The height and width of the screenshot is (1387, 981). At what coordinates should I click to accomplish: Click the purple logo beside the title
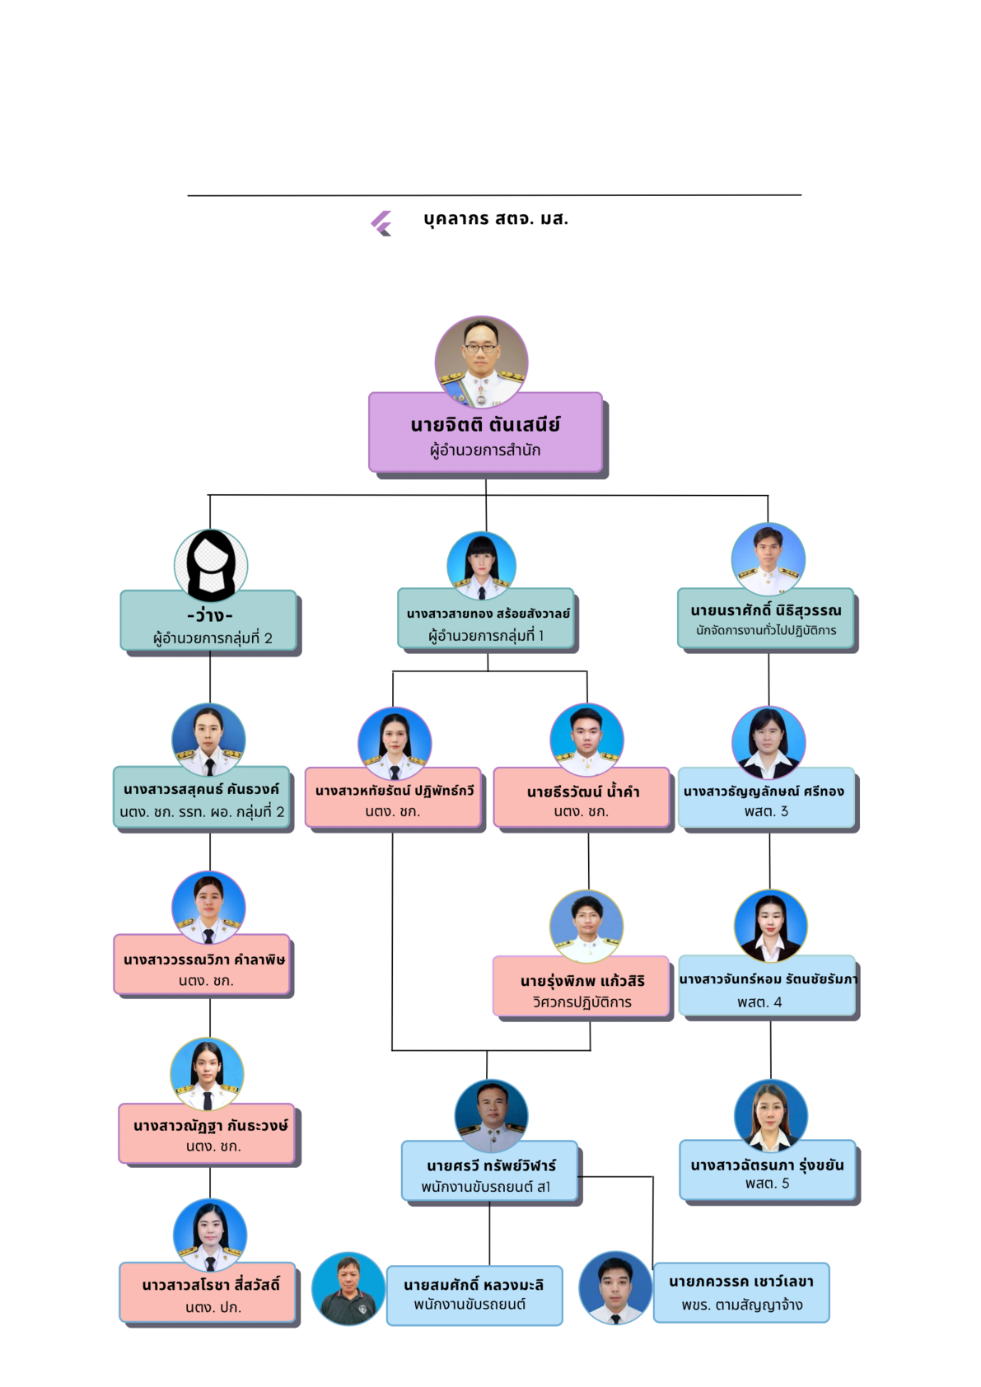point(381,222)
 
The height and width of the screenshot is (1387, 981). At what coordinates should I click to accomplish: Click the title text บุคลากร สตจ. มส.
point(496,219)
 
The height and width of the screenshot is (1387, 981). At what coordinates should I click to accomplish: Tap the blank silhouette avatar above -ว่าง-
point(211,566)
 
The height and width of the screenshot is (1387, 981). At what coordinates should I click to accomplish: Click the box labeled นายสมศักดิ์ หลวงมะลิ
point(474,1295)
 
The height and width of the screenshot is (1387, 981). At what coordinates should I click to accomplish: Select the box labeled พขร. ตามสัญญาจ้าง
point(741,1292)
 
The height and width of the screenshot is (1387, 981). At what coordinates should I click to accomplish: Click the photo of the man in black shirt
point(348,1288)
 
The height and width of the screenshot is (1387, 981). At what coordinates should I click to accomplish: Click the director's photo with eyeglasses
point(481,361)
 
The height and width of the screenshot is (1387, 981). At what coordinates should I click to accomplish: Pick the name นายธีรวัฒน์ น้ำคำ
point(582,792)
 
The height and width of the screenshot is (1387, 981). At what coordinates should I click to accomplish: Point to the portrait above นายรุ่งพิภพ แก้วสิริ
point(586,926)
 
